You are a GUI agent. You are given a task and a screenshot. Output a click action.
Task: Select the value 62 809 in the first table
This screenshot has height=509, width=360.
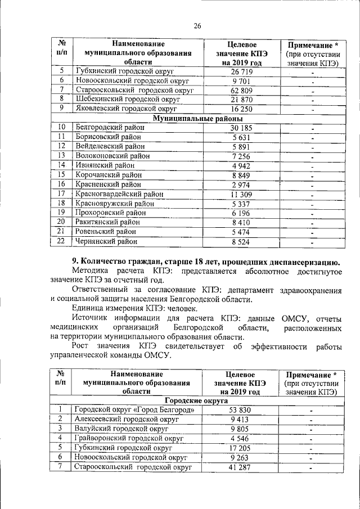pyautogui.click(x=241, y=90)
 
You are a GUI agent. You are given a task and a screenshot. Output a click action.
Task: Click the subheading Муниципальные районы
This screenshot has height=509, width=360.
pyautogui.click(x=198, y=119)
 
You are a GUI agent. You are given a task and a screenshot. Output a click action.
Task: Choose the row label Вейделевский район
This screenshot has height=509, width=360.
pyautogui.click(x=107, y=146)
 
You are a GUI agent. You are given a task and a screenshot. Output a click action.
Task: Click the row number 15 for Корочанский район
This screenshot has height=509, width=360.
pyautogui.click(x=62, y=174)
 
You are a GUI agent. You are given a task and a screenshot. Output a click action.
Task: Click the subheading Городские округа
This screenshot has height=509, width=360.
pyautogui.click(x=196, y=400)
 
